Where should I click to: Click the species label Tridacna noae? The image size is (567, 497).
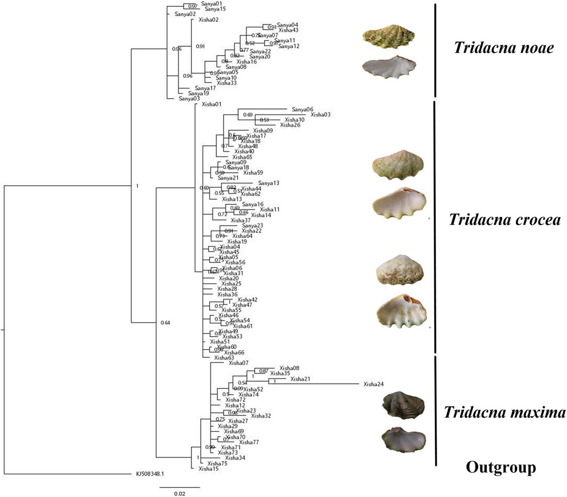pos(504,48)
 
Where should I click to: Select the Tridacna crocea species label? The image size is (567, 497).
pos(505,220)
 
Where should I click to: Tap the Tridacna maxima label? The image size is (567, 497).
pos(505,413)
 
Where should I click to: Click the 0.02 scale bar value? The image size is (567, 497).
pos(180,493)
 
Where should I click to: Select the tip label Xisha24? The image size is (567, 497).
pos(373,384)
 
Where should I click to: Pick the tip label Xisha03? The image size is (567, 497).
pos(320,115)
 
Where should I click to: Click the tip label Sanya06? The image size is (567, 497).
pos(302,109)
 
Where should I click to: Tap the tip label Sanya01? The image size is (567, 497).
pos(212,4)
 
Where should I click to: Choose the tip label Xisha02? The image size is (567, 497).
pos(208,20)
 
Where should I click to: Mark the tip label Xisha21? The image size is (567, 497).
pos(300,379)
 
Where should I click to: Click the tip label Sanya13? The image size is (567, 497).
pos(268,183)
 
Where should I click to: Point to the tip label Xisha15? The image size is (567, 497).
pos(208,469)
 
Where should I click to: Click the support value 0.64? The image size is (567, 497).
pos(165,323)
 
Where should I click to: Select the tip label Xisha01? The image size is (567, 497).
pos(212,104)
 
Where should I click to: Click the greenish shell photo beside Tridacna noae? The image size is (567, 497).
pos(388,36)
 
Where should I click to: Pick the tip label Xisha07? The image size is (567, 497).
pos(238,363)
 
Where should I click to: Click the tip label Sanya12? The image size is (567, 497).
pos(289,46)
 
